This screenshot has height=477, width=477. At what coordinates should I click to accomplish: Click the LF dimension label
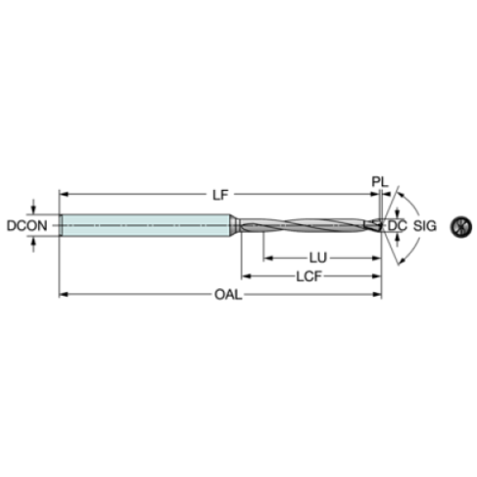pyautogui.click(x=220, y=195)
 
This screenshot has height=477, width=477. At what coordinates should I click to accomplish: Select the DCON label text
pyautogui.click(x=27, y=226)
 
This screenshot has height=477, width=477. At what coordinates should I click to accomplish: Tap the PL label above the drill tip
pyautogui.click(x=380, y=182)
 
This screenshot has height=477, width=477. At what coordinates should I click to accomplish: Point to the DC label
pyautogui.click(x=397, y=226)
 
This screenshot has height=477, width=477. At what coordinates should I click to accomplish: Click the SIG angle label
pyautogui.click(x=424, y=226)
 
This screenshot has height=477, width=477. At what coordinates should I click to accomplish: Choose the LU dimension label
pyautogui.click(x=317, y=258)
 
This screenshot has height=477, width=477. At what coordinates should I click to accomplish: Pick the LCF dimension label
pyautogui.click(x=309, y=276)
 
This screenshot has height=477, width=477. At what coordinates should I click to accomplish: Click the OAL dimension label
pyautogui.click(x=228, y=295)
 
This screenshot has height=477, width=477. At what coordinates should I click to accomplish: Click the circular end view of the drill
pyautogui.click(x=460, y=226)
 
